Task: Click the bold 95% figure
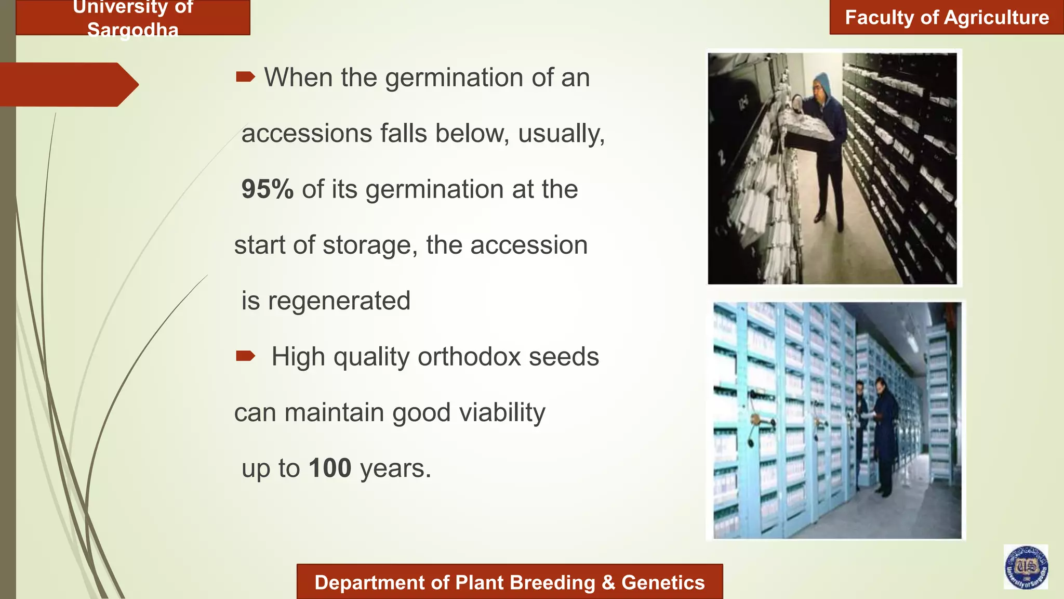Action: pyautogui.click(x=267, y=189)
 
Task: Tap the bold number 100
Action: pyautogui.click(x=330, y=468)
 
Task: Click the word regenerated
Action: pyautogui.click(x=339, y=301)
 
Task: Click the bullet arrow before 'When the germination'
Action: pyautogui.click(x=245, y=77)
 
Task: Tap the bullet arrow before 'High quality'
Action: pyautogui.click(x=245, y=356)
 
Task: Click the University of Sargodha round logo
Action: pyautogui.click(x=1026, y=567)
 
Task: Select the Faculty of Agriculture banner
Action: pyautogui.click(x=947, y=18)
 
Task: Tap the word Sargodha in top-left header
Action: pyautogui.click(x=133, y=30)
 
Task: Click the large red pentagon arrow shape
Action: pyautogui.click(x=68, y=85)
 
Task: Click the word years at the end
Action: pyautogui.click(x=395, y=468)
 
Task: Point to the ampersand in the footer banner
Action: pyautogui.click(x=608, y=583)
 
